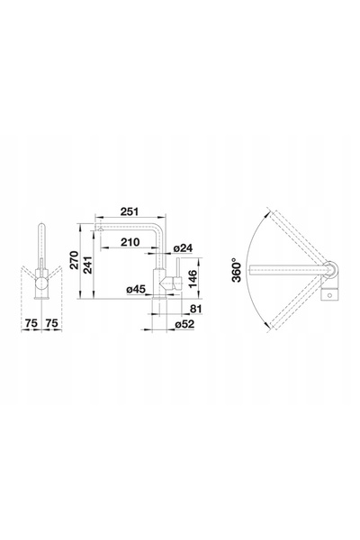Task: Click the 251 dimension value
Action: click(130, 211)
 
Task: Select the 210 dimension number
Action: click(130, 242)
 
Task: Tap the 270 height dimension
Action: click(74, 260)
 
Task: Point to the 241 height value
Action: click(87, 265)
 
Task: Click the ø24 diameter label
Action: click(183, 247)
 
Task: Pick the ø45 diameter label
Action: click(136, 289)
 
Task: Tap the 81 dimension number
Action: click(195, 309)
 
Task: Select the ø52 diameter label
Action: click(184, 324)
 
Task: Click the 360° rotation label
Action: click(237, 270)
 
